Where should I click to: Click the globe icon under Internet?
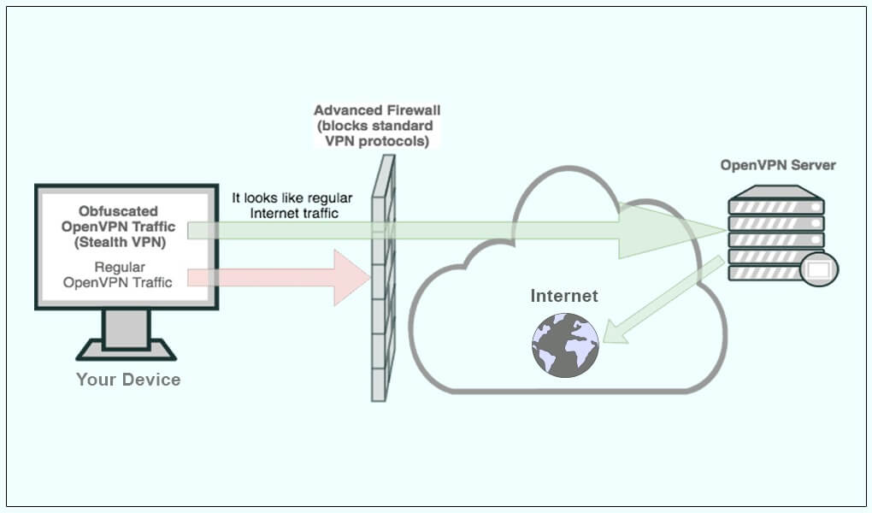565,345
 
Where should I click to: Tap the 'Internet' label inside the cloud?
564,296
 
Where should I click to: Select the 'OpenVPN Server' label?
777,165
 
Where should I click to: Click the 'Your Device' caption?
128,380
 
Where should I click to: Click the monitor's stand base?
127,350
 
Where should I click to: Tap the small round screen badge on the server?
818,270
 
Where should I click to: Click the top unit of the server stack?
775,206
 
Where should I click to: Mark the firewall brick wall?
382,282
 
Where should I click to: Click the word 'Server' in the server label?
815,165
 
